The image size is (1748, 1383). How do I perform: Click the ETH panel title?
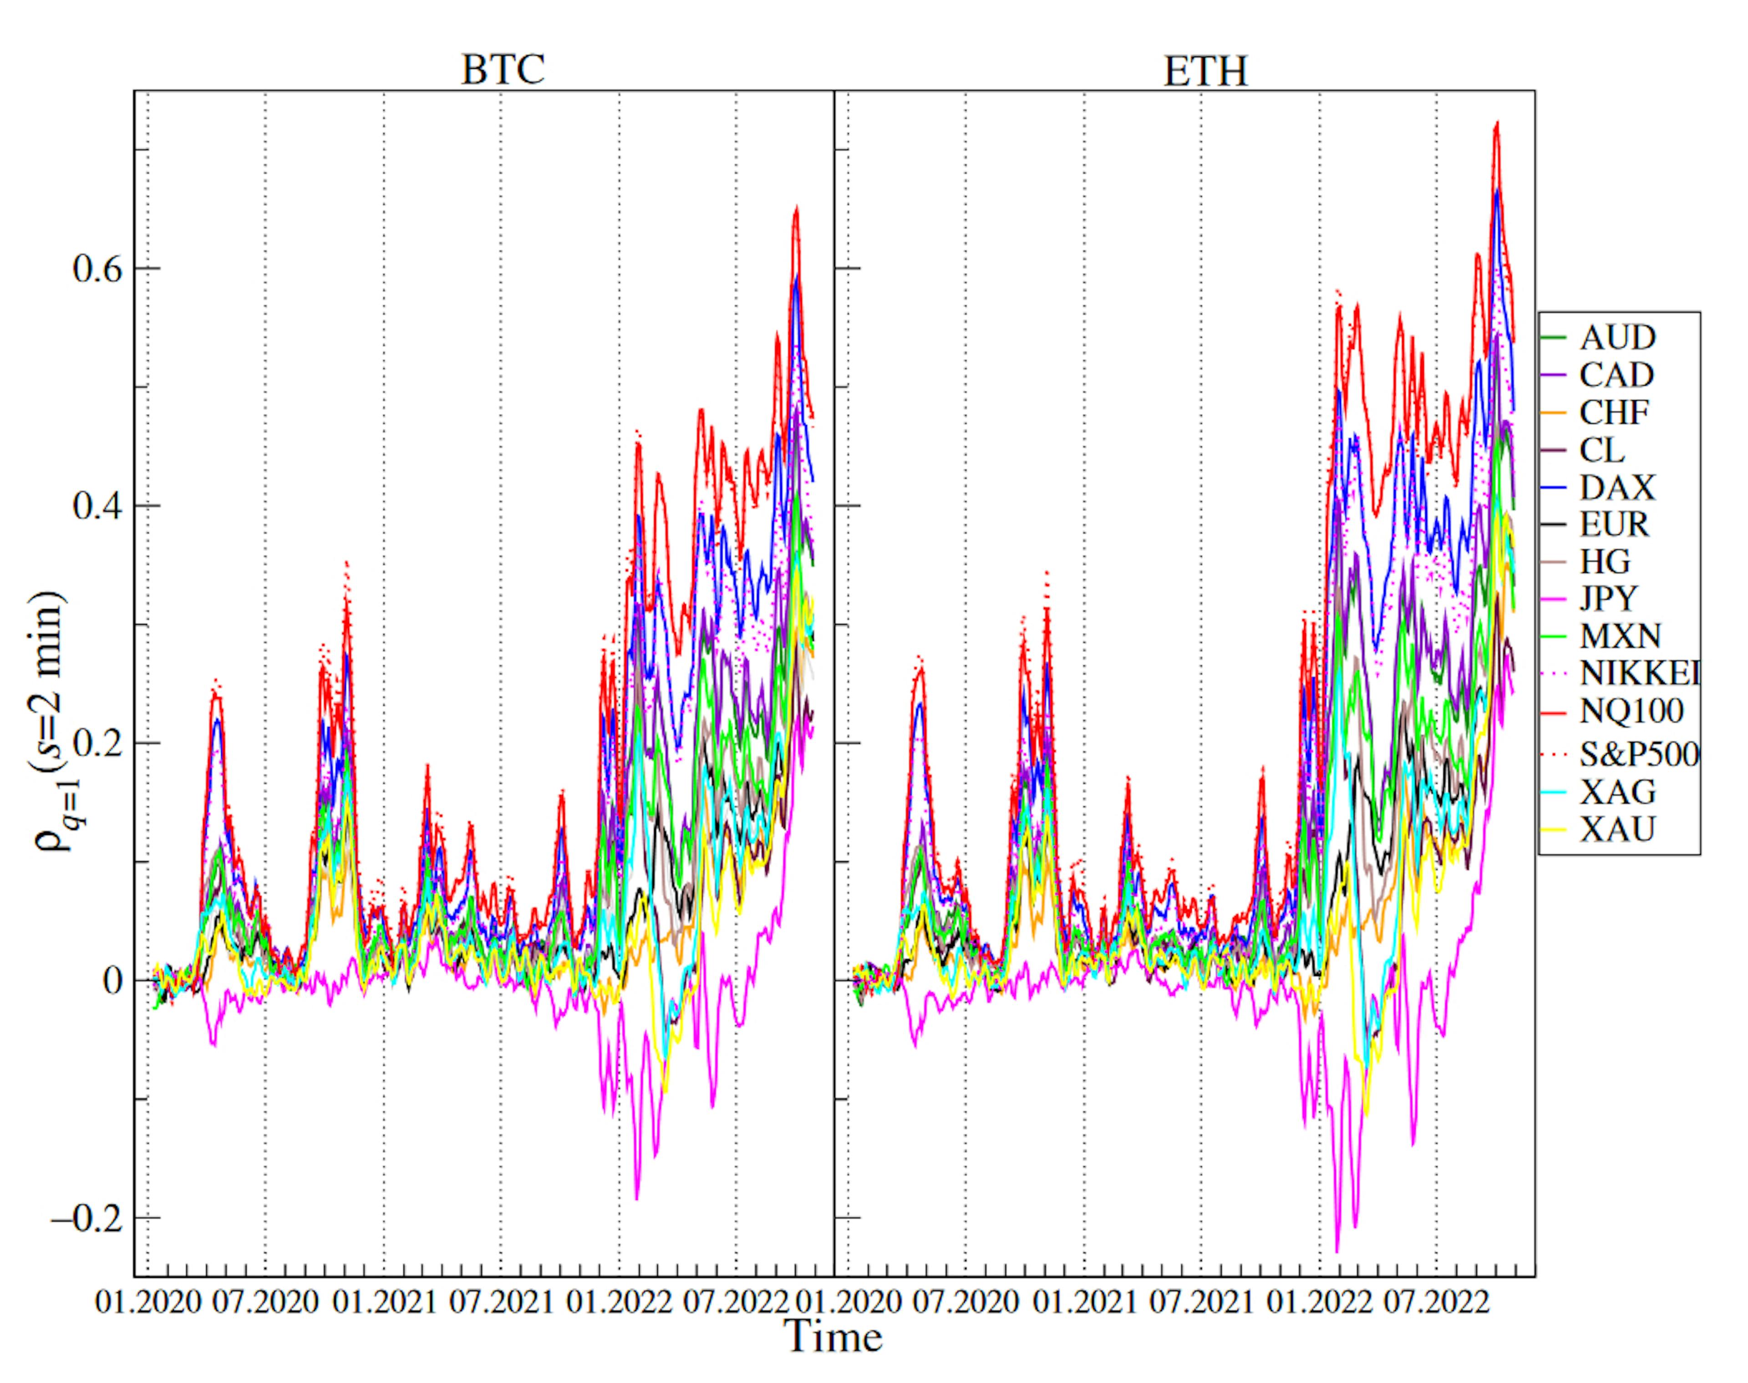click(x=1205, y=71)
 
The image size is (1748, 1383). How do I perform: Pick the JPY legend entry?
click(x=1608, y=598)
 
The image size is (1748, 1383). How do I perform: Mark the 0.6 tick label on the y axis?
click(x=97, y=269)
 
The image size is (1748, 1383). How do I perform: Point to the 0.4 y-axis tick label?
click(x=97, y=506)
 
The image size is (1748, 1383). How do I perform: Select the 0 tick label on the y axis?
click(x=111, y=981)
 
